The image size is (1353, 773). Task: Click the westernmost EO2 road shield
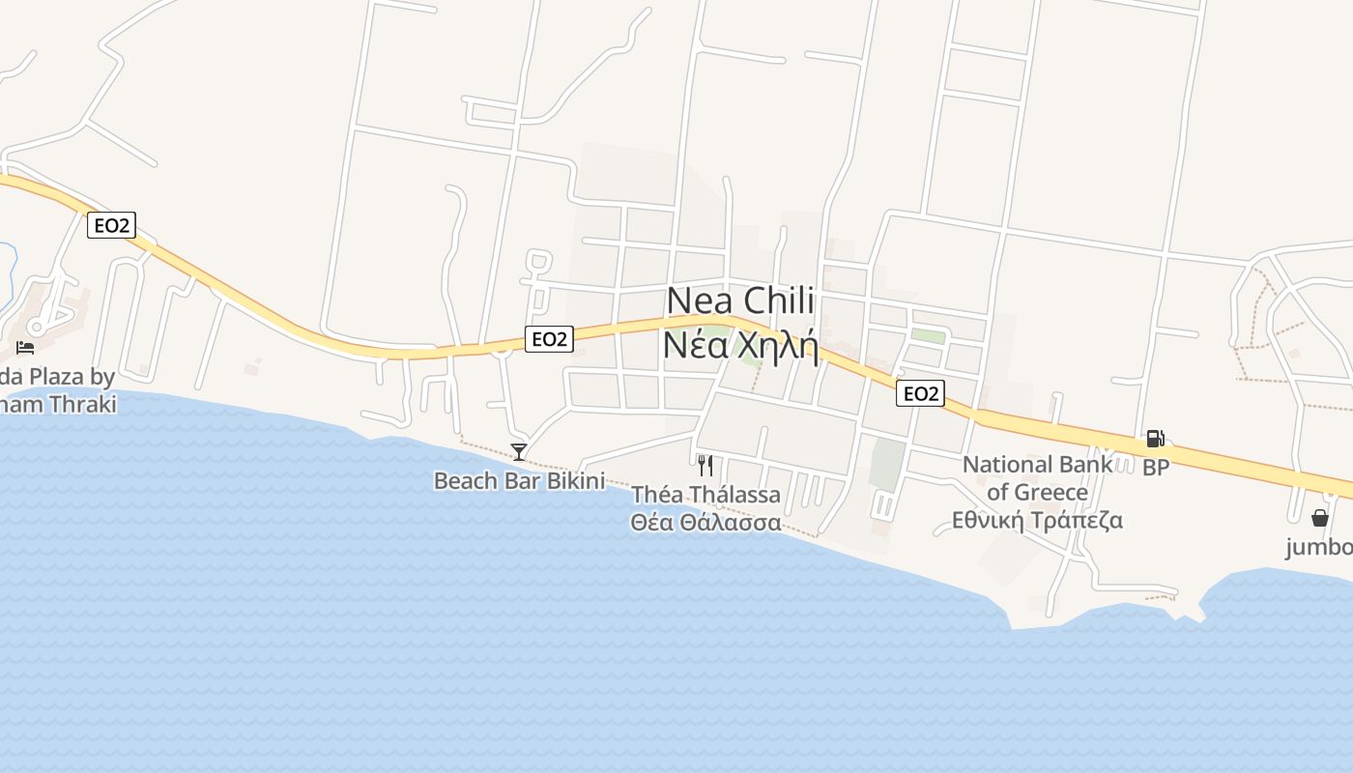click(x=111, y=225)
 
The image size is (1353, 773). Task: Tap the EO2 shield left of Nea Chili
click(x=549, y=338)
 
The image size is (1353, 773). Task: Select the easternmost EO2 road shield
click(x=919, y=393)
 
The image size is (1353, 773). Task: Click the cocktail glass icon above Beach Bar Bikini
click(x=519, y=451)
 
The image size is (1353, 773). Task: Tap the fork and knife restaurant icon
click(x=705, y=466)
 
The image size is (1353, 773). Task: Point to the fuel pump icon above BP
click(x=1155, y=439)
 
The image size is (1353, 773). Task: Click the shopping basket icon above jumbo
click(x=1320, y=518)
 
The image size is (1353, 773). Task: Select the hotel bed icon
click(x=25, y=347)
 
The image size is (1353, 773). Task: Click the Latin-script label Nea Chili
click(x=740, y=301)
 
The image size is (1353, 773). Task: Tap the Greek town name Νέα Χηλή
click(x=740, y=344)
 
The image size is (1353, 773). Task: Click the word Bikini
click(x=575, y=480)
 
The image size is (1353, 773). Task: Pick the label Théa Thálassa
click(x=705, y=495)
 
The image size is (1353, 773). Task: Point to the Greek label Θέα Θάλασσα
click(x=705, y=522)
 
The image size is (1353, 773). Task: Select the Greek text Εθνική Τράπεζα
click(x=1037, y=520)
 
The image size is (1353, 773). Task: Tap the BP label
click(x=1156, y=468)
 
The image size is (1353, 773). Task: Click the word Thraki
click(x=82, y=404)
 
